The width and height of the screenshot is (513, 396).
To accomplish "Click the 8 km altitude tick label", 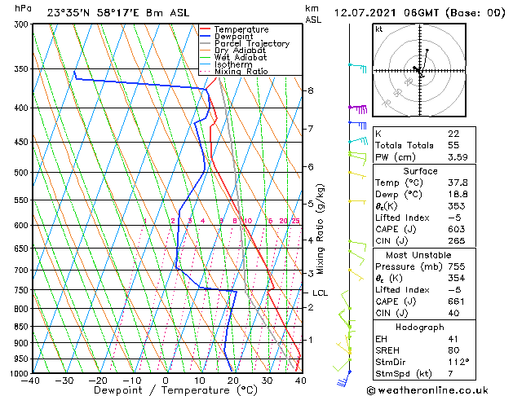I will (311, 90).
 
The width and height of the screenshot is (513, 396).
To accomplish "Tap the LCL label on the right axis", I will (321, 293).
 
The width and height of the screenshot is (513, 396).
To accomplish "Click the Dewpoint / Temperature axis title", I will (166, 390).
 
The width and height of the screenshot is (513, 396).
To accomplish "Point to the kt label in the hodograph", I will (379, 29).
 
